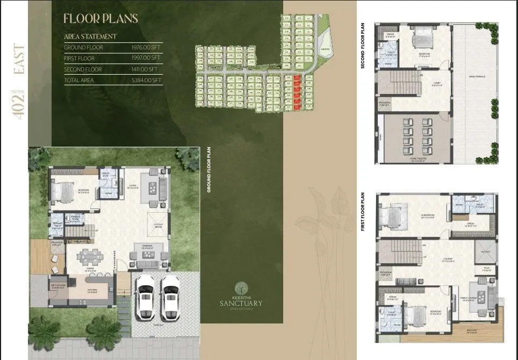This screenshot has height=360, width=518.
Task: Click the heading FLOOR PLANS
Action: coord(100,18)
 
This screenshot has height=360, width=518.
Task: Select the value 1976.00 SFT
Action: coord(146,48)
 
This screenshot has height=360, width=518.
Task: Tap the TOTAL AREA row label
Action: coord(78,81)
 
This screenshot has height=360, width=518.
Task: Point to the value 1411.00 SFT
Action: coord(146,69)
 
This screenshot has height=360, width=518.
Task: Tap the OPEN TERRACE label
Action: coord(477,77)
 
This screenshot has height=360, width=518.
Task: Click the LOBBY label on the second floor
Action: coord(436,84)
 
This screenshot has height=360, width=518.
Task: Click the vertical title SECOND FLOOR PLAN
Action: coord(363,46)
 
